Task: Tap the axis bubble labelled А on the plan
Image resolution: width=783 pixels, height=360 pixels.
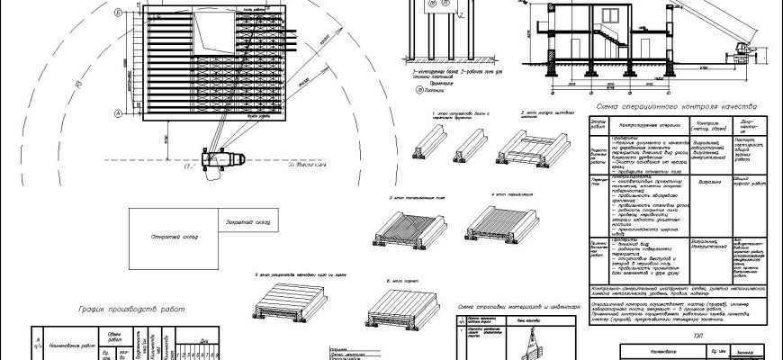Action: (x=118, y=112)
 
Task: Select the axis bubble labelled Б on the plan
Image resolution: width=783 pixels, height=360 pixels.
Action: (x=118, y=14)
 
